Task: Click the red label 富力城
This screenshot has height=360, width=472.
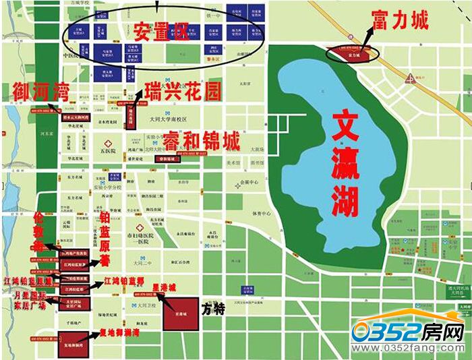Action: coord(399,21)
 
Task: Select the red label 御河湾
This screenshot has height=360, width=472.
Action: coord(40,90)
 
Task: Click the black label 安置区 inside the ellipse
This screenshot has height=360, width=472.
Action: coord(160,30)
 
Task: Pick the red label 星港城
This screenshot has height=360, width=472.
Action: coord(165,287)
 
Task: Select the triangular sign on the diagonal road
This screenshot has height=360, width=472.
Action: coord(410,78)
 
